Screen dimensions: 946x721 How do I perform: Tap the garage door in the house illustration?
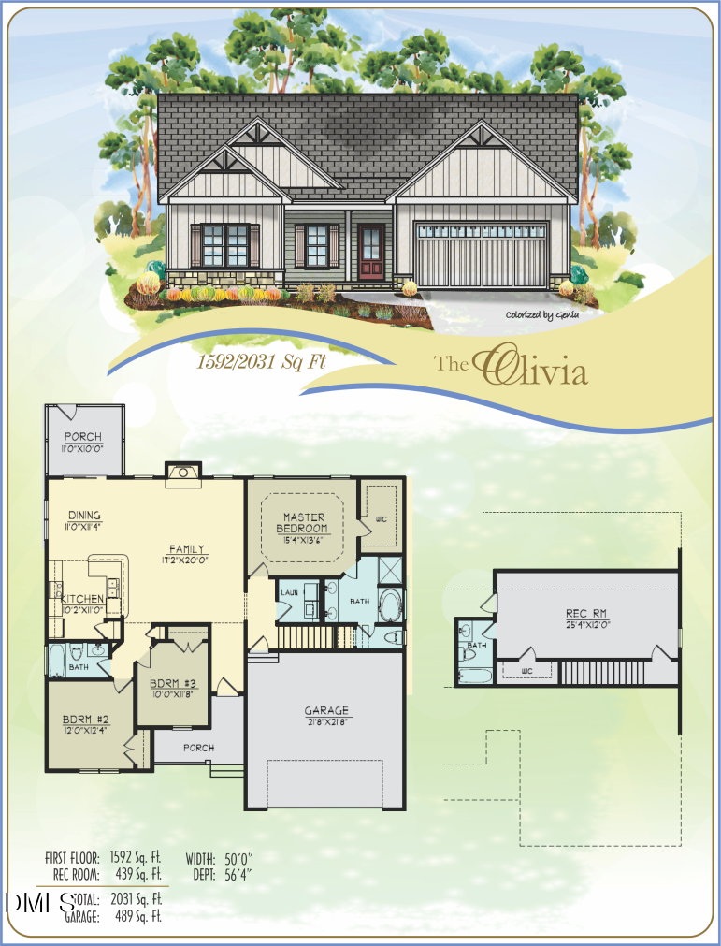pos(481,255)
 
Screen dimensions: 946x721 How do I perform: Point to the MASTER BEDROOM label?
pos(303,522)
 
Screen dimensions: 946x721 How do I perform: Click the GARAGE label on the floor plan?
pos(326,710)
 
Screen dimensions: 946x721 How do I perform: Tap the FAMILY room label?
pos(187,549)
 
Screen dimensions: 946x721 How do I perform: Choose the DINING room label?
pos(84,515)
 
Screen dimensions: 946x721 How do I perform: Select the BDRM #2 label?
pos(86,720)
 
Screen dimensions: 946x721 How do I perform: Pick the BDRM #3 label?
pos(175,682)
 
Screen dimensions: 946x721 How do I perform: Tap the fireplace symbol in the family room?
pos(183,473)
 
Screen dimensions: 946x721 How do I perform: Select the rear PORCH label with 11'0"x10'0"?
pos(83,437)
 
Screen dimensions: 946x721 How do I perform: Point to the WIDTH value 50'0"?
pos(239,858)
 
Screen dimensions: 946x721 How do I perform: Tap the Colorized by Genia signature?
pos(542,315)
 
